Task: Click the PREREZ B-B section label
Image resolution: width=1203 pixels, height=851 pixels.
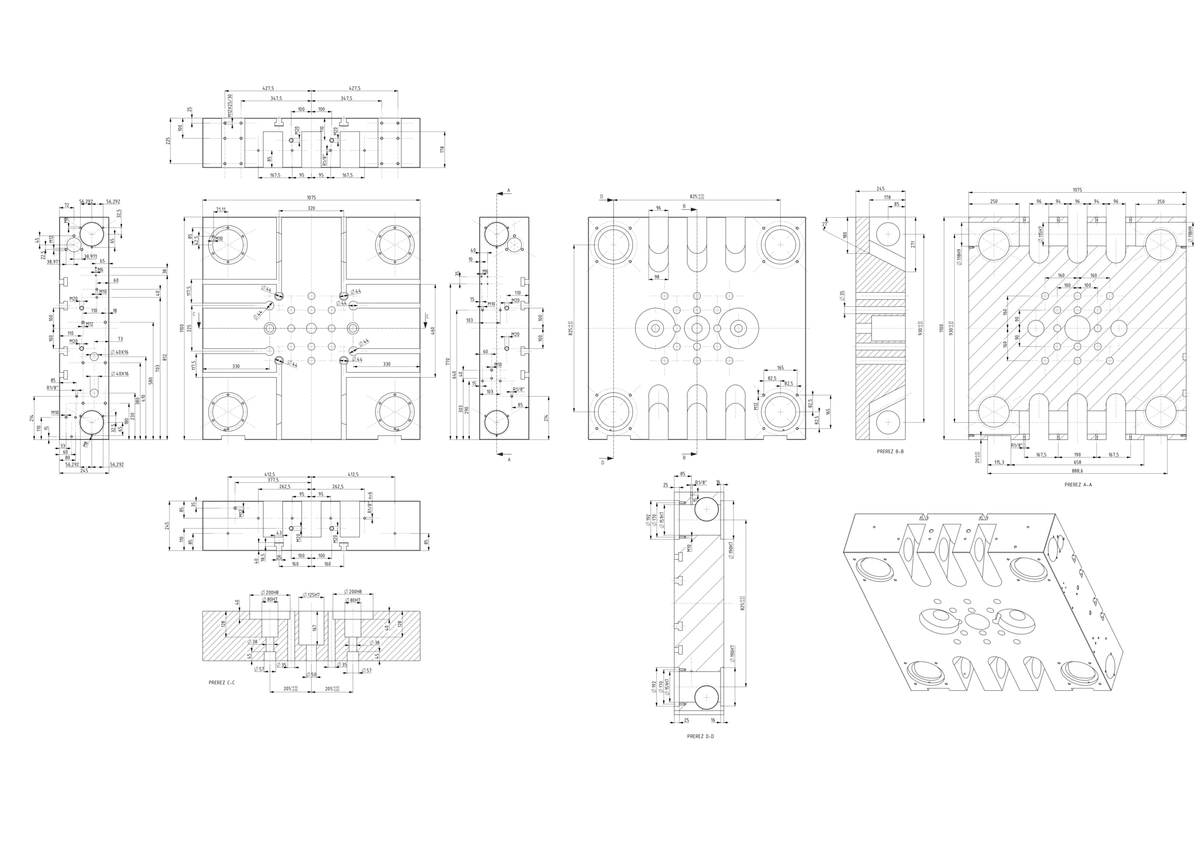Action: tap(890, 451)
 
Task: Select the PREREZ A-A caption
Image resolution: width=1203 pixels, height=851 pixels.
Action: tap(1078, 485)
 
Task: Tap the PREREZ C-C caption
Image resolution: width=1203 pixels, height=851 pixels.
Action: tap(222, 683)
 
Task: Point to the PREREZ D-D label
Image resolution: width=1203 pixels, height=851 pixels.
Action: tap(701, 736)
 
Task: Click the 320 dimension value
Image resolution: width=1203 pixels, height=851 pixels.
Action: tap(311, 208)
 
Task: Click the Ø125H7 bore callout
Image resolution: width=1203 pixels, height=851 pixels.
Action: tap(311, 595)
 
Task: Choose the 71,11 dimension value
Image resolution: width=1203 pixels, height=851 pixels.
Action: tap(220, 210)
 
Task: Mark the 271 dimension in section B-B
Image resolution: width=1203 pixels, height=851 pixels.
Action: tap(912, 244)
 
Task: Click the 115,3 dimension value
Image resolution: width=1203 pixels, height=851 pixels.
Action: tap(999, 462)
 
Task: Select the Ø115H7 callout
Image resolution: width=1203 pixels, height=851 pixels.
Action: tap(1040, 234)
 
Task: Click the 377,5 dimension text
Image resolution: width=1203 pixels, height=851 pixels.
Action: tap(273, 479)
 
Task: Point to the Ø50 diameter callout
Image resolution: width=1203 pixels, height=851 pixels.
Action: tap(311, 674)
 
